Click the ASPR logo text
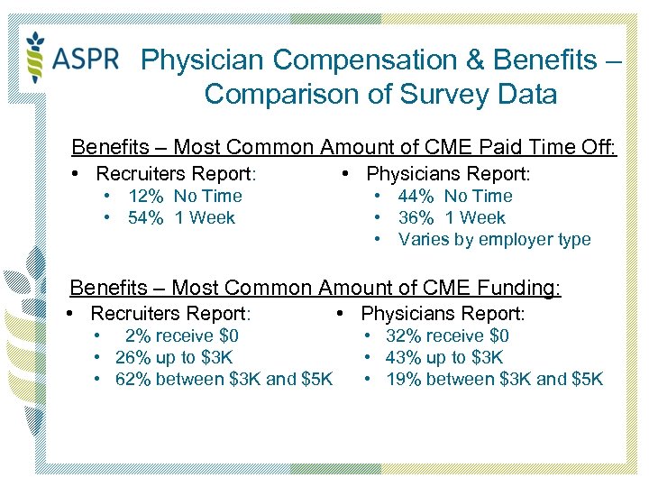pyautogui.click(x=86, y=59)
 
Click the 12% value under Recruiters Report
pyautogui.click(x=145, y=197)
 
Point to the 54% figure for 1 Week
pyautogui.click(x=145, y=218)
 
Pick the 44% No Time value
pyautogui.click(x=416, y=197)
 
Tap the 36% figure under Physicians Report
pyautogui.click(x=416, y=218)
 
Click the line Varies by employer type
pyautogui.click(x=494, y=240)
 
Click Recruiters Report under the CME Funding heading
pyautogui.click(x=169, y=314)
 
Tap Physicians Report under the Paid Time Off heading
pyautogui.click(x=448, y=173)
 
